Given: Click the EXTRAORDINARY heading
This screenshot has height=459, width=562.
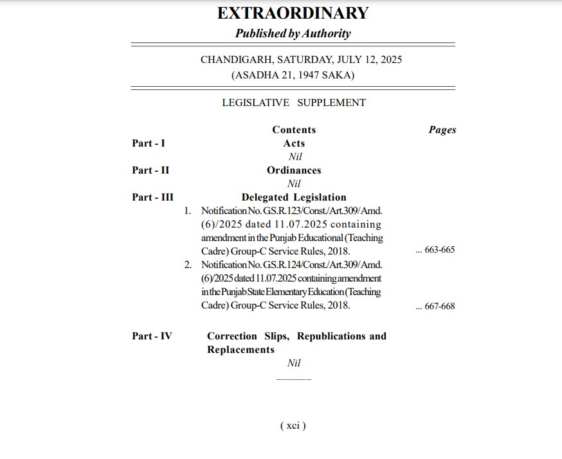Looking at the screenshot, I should pyautogui.click(x=293, y=13).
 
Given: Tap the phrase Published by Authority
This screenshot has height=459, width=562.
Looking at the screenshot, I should pyautogui.click(x=293, y=33).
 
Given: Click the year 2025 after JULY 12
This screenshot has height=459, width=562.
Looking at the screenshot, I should pyautogui.click(x=391, y=60).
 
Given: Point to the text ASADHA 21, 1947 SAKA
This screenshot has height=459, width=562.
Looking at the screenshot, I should pyautogui.click(x=293, y=75).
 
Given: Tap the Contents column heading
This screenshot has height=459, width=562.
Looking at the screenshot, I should pyautogui.click(x=294, y=130).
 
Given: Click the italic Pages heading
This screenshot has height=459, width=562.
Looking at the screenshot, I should pyautogui.click(x=442, y=130).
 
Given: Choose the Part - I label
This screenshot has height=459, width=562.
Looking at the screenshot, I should pyautogui.click(x=149, y=143).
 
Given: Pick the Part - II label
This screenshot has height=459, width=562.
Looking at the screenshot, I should pyautogui.click(x=150, y=170).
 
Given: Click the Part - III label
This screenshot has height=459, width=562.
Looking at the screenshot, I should pyautogui.click(x=152, y=197).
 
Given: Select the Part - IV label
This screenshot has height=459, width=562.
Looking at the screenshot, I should pyautogui.click(x=152, y=336).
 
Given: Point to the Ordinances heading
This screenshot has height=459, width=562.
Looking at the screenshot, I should pyautogui.click(x=294, y=170).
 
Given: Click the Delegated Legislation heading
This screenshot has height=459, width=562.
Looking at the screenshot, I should pyautogui.click(x=294, y=197).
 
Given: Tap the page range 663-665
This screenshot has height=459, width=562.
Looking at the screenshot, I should pyautogui.click(x=440, y=249).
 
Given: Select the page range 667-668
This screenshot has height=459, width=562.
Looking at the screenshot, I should pyautogui.click(x=440, y=306).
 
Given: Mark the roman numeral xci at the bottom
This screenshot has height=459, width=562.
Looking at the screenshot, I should pyautogui.click(x=293, y=426).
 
